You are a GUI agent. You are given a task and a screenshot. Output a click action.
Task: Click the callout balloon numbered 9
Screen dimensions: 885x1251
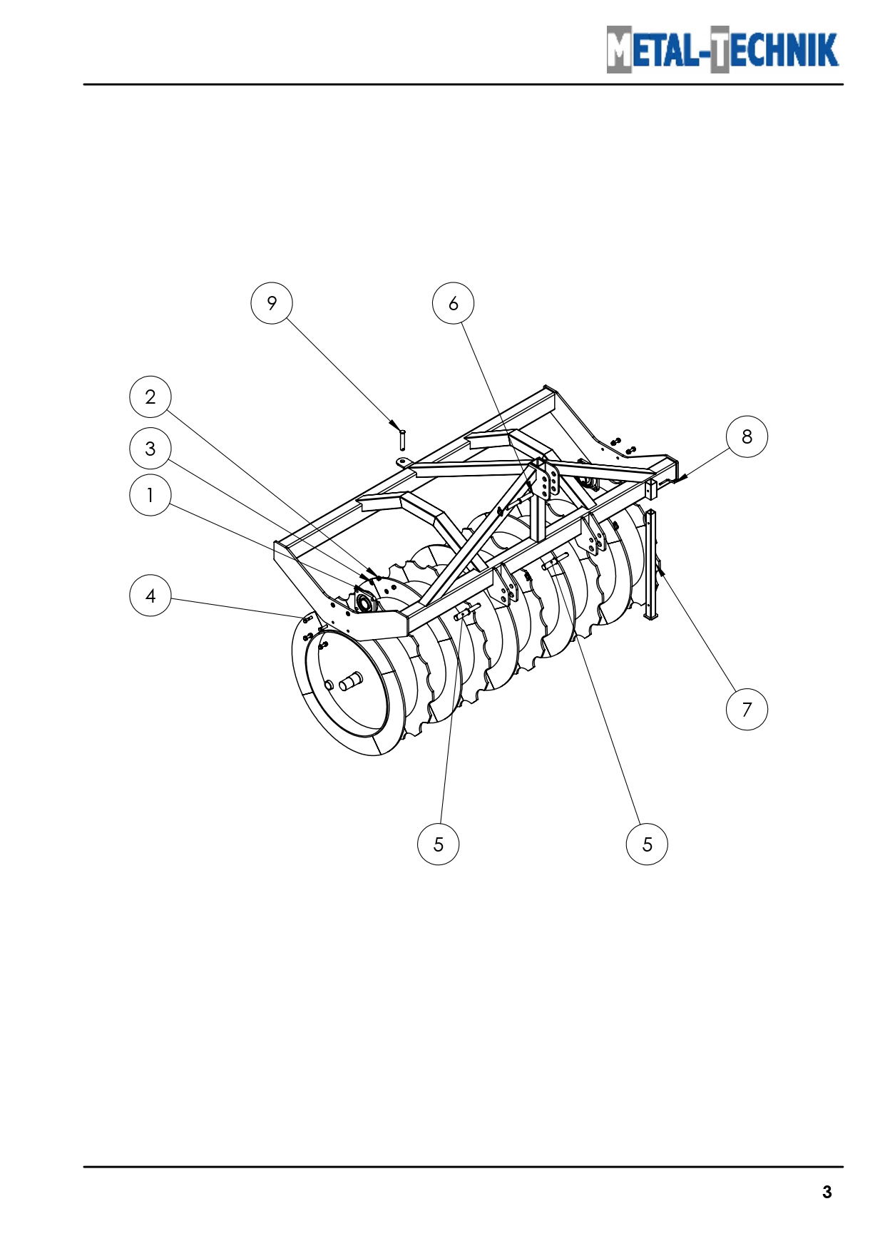click(x=272, y=303)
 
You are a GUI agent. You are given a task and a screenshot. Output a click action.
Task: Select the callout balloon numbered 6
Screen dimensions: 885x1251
click(x=454, y=303)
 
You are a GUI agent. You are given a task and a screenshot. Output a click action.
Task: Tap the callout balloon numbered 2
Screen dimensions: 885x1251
click(x=150, y=397)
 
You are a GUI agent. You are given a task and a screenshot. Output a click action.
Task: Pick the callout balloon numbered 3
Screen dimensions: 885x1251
click(x=150, y=449)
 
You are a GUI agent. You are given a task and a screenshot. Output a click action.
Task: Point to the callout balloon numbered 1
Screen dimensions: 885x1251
click(x=150, y=495)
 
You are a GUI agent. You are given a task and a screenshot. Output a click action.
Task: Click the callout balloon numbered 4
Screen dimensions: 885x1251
click(x=150, y=596)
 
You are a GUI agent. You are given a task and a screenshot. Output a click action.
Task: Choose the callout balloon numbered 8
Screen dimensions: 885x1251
click(x=747, y=436)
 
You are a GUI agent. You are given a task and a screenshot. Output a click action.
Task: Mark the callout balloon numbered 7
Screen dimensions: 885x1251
click(x=747, y=709)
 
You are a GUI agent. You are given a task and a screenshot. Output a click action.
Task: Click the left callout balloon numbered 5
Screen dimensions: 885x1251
click(x=438, y=844)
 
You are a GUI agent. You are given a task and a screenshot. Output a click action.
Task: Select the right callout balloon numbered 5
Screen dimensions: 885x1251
click(x=647, y=844)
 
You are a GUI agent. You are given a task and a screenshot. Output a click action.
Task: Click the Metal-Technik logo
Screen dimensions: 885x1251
click(x=723, y=49)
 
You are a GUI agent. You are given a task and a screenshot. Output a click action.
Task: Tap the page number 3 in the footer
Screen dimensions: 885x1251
click(x=827, y=1192)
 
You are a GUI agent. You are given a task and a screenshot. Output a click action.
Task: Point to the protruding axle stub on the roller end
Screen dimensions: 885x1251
click(x=350, y=683)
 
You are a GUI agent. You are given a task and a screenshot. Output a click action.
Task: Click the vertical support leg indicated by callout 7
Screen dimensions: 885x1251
click(x=650, y=564)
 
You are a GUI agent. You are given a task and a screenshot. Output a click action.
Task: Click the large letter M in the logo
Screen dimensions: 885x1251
click(x=619, y=49)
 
